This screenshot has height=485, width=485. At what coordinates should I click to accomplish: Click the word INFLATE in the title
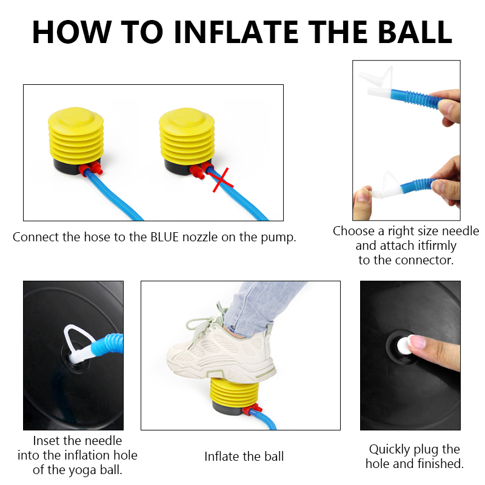point(236,32)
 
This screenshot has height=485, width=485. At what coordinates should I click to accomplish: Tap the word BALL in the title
point(415,32)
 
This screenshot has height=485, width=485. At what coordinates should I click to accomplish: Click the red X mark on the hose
point(222,179)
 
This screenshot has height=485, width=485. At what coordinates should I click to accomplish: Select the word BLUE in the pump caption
point(164,237)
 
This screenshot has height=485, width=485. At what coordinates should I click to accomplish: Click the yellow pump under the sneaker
point(235,395)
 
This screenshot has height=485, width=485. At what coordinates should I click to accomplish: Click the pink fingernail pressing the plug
point(416,342)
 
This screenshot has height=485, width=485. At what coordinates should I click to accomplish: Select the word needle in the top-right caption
point(460,231)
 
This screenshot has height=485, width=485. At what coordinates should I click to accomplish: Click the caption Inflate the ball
point(244,457)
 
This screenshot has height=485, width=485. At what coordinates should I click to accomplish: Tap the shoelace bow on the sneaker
point(201,322)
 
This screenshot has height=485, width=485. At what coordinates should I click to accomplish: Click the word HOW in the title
point(72,32)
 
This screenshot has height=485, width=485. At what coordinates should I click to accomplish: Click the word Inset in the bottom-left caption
point(46,441)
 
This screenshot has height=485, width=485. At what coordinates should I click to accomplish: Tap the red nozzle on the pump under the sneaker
point(250,409)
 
